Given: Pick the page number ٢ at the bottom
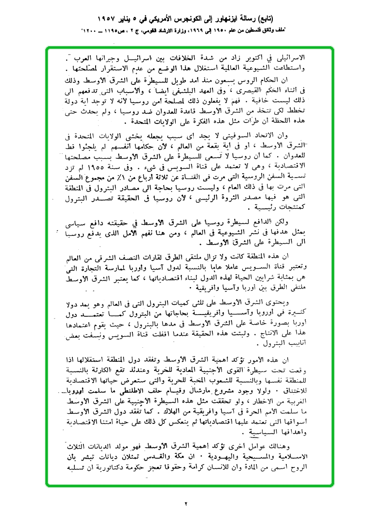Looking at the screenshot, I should [185, 505].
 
